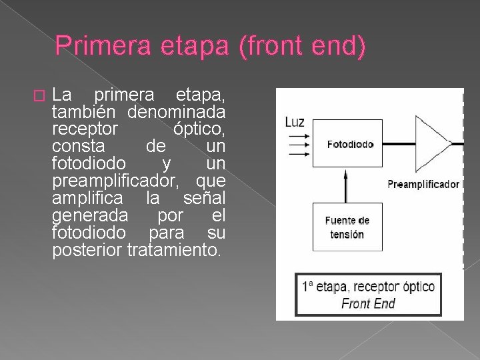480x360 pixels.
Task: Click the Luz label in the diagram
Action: [x=295, y=122]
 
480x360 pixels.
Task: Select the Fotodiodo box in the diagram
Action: [x=350, y=144]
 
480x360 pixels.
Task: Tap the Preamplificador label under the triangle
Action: [x=423, y=184]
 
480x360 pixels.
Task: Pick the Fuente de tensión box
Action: [x=347, y=227]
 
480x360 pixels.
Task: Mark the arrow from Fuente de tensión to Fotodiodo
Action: [x=345, y=186]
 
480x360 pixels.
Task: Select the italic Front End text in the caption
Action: [x=368, y=303]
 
